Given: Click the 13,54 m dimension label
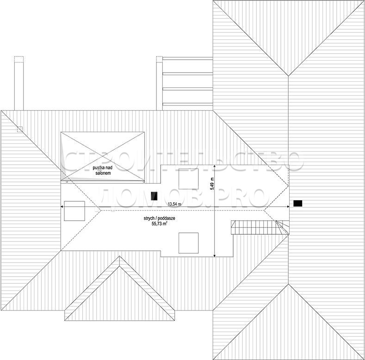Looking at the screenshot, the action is click(x=174, y=204).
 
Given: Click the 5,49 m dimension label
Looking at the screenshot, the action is click(x=212, y=184).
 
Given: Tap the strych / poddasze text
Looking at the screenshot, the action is click(x=159, y=218).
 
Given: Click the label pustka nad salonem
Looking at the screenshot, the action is click(x=102, y=170).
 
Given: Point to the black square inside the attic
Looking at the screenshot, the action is click(x=154, y=196).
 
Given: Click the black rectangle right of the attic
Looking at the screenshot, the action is click(x=298, y=203).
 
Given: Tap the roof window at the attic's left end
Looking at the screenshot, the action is click(x=74, y=211).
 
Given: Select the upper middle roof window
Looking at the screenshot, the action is click(x=189, y=179).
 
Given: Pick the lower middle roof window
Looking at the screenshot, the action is click(x=189, y=243).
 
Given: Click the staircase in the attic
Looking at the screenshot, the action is click(x=260, y=227).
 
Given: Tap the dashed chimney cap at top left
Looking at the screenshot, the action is click(x=19, y=59).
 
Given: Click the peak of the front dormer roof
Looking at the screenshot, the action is click(x=119, y=256).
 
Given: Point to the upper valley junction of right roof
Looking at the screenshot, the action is click(x=288, y=76).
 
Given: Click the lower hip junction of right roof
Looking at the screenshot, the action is click(x=289, y=284).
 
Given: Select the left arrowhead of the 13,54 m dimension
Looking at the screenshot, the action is click(x=62, y=206).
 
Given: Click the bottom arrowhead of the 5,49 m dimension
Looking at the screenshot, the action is click(x=214, y=256).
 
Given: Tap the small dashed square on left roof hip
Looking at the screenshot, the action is click(x=20, y=129).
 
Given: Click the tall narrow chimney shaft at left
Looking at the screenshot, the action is click(x=19, y=86).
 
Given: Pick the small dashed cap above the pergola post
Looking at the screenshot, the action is click(x=160, y=59).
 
